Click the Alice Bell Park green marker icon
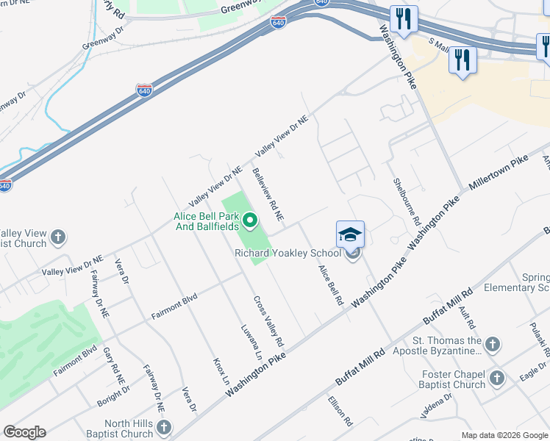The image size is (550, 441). click(x=250, y=219)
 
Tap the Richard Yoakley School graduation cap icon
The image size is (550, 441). click(x=351, y=235)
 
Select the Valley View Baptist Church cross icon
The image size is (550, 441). click(x=58, y=238)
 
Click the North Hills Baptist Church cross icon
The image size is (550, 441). click(x=164, y=427)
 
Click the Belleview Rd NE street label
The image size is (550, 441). click(x=268, y=195)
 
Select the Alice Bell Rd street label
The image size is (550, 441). click(x=330, y=284)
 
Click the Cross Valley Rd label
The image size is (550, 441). click(x=268, y=321)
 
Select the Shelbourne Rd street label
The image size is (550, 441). click(x=406, y=201)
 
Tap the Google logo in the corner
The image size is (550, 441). click(x=24, y=432)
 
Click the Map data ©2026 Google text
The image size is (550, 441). click(x=504, y=435)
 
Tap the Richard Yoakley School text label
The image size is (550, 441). click(x=288, y=254)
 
